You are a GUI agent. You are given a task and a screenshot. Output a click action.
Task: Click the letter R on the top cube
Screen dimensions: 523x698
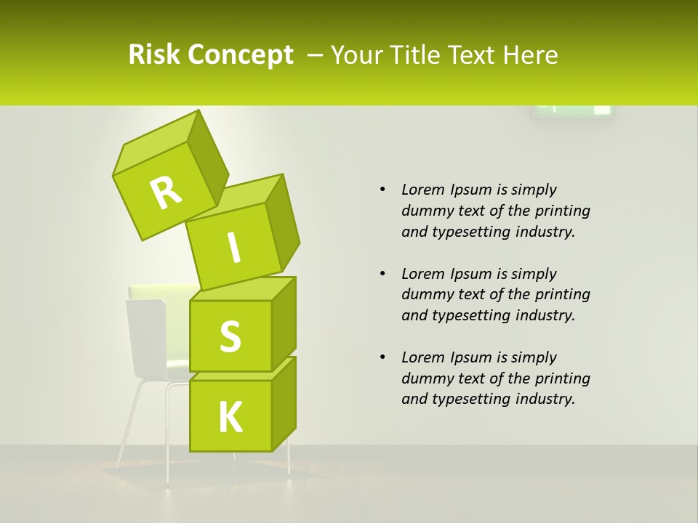coord(166,193)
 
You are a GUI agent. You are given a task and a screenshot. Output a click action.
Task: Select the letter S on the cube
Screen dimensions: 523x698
coord(230,337)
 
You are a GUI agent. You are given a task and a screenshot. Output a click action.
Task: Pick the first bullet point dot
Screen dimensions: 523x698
coord(382,190)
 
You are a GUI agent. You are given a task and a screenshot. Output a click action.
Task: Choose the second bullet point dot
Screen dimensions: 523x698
coord(382,274)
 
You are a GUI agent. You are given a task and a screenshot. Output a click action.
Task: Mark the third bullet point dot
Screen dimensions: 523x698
coord(382,357)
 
